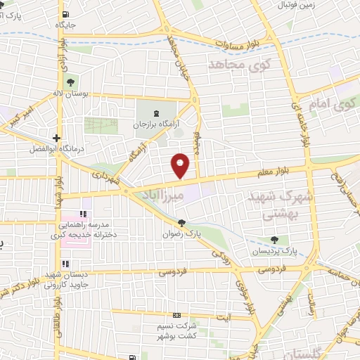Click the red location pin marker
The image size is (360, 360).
(x=181, y=165)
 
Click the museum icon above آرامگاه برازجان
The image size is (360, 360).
(x=156, y=112)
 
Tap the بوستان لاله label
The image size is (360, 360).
(x=67, y=93)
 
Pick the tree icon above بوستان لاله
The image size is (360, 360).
(x=68, y=82)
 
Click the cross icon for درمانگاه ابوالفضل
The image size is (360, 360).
(x=56, y=138)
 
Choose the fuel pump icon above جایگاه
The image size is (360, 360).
(x=65, y=14)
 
